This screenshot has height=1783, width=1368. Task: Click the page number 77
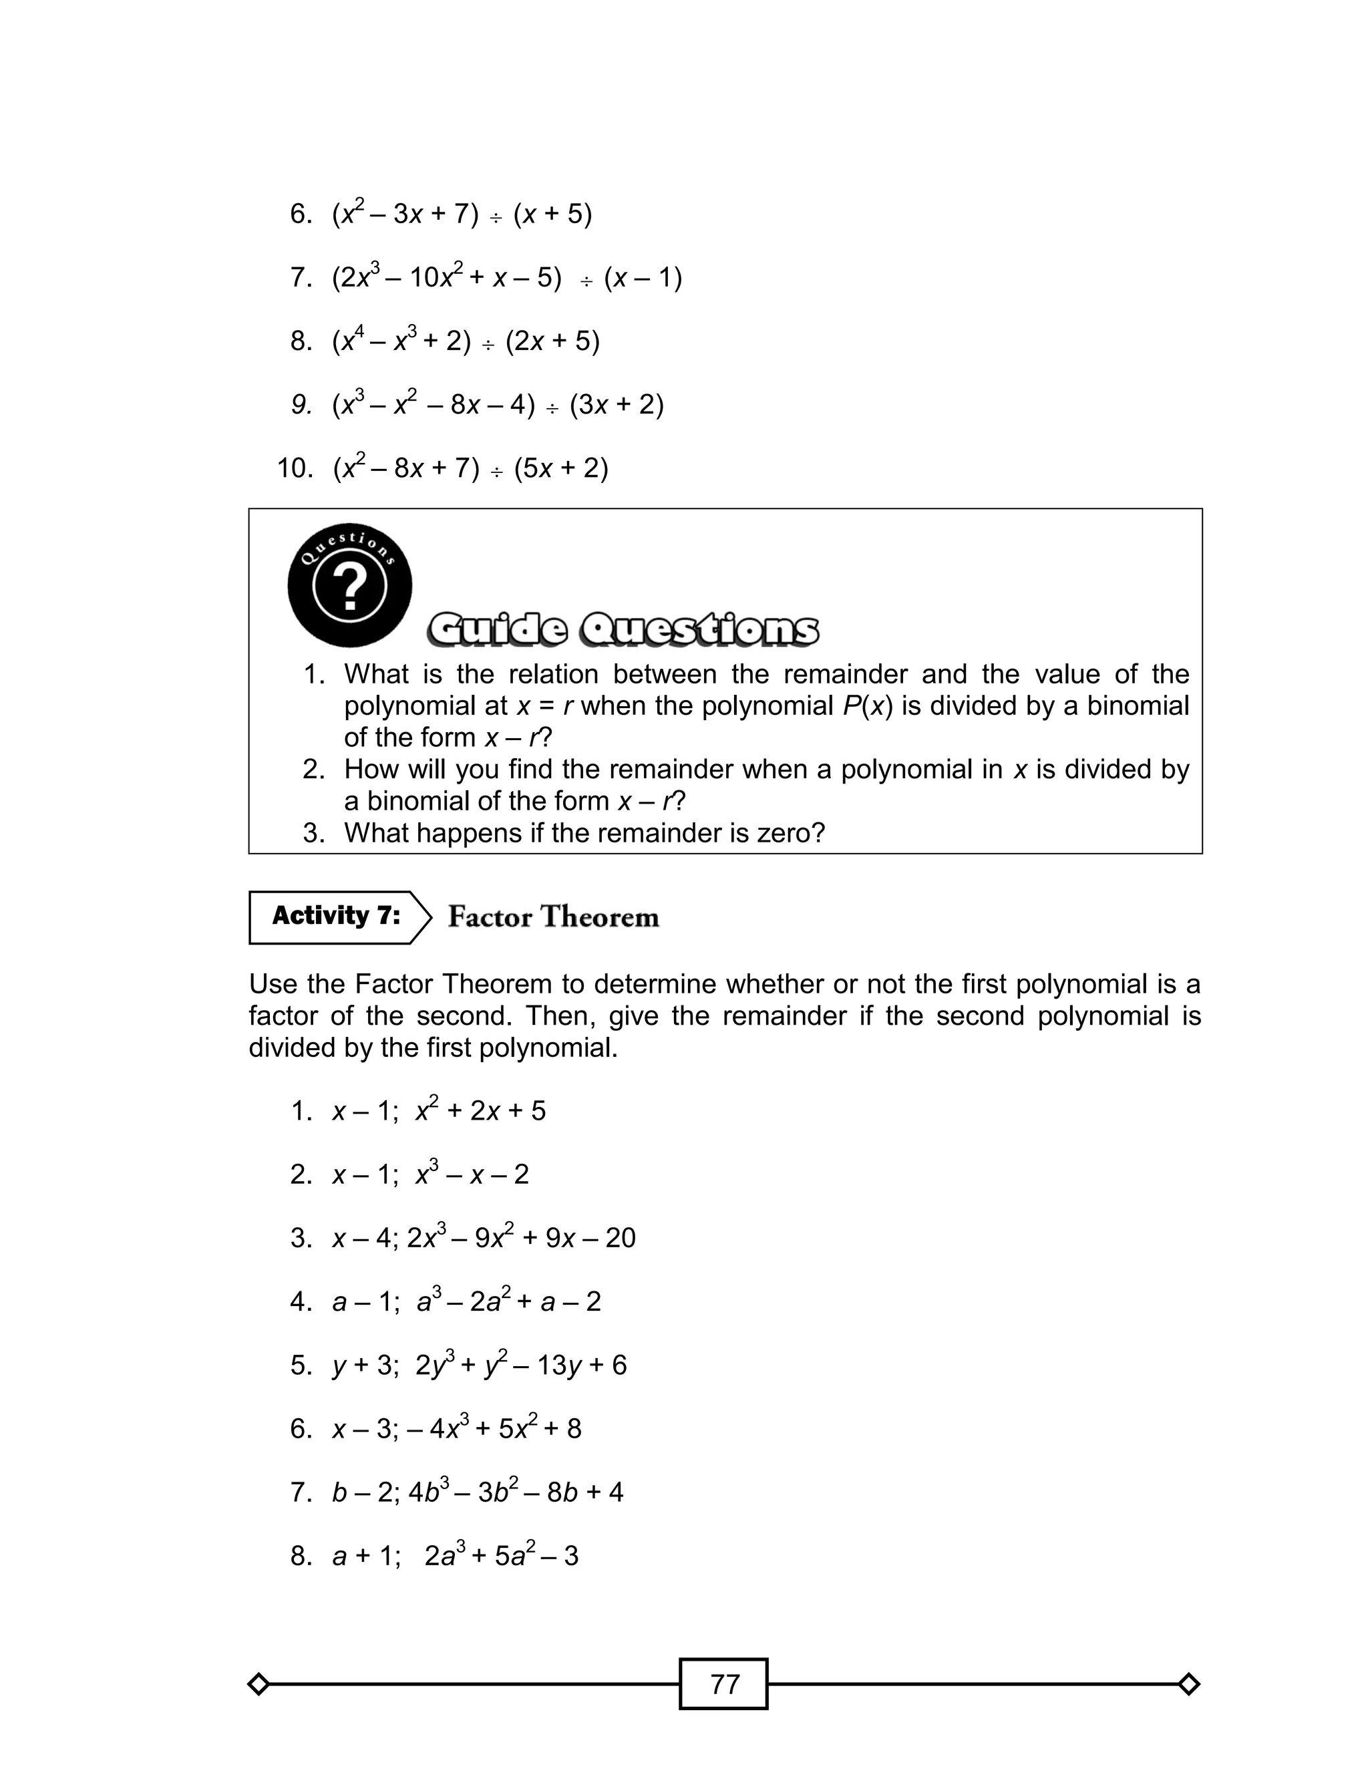(x=724, y=1683)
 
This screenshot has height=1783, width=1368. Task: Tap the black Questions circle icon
(x=350, y=585)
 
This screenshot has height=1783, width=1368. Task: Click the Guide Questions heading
(x=623, y=629)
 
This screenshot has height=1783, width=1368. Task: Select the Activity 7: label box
(x=336, y=916)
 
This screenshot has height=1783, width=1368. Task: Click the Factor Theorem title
(x=553, y=917)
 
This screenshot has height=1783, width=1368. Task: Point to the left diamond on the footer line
(x=258, y=1683)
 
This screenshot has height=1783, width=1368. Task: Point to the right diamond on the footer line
(x=1188, y=1683)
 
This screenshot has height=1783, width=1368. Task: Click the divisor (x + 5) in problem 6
(x=553, y=214)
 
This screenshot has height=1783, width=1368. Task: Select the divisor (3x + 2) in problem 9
(x=617, y=405)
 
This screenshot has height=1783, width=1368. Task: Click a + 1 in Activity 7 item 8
(x=367, y=1556)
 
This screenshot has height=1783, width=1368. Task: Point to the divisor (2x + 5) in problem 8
(x=553, y=341)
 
